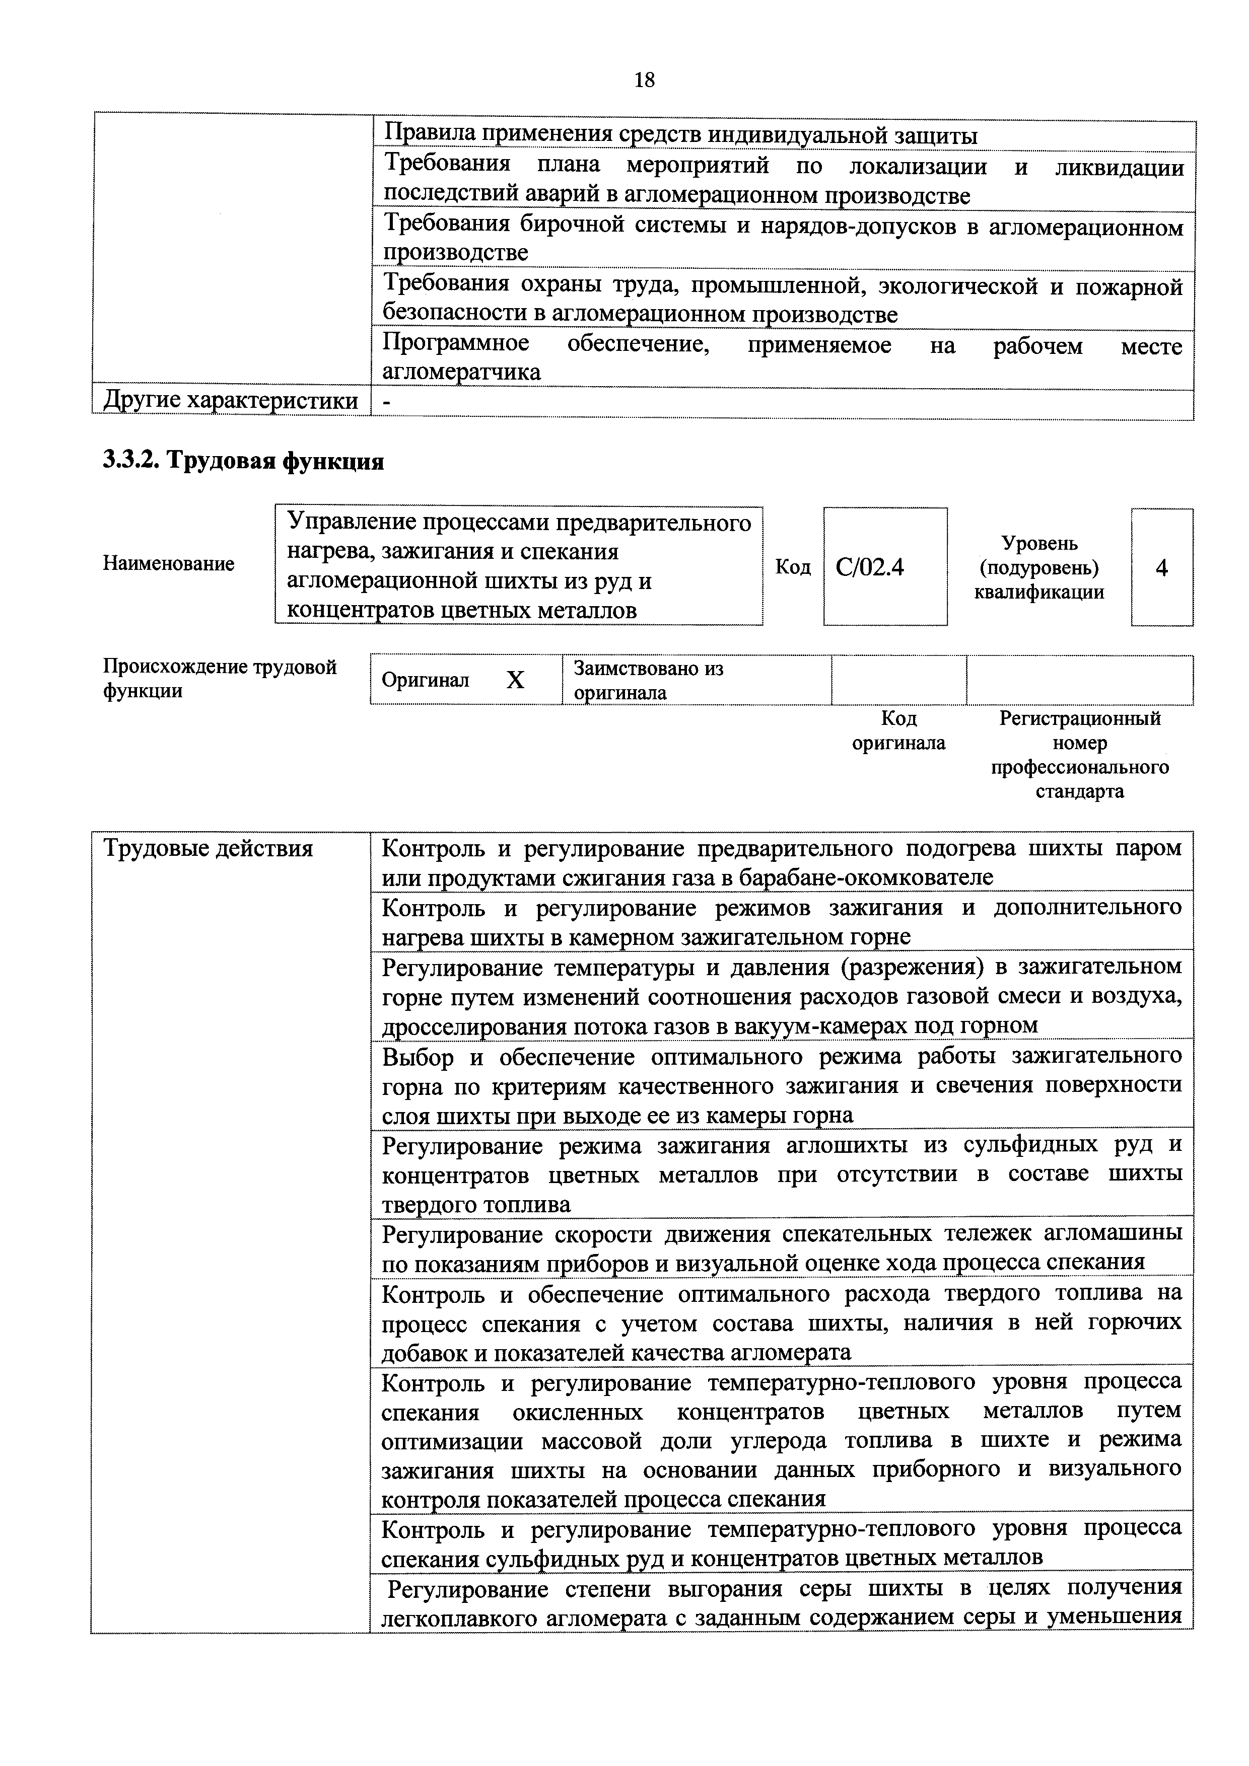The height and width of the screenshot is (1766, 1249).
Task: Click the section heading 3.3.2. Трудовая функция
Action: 243,461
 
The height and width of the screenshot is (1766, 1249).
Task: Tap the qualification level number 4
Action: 1161,568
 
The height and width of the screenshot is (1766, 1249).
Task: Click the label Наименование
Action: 169,564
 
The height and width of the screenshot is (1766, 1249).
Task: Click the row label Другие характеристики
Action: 231,401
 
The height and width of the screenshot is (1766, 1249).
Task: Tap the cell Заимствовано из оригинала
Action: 649,680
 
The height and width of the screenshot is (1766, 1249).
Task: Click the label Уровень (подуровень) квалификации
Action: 1039,568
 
